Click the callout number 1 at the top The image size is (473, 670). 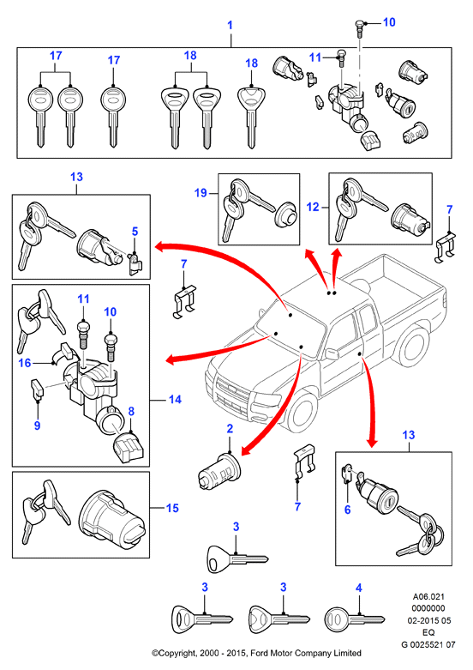(x=231, y=25)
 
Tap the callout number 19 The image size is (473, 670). (x=201, y=193)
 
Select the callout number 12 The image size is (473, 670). (x=313, y=207)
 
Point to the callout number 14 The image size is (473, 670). (x=175, y=400)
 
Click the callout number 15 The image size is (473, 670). (x=172, y=508)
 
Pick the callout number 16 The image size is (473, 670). (x=25, y=363)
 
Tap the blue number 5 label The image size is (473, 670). (x=135, y=232)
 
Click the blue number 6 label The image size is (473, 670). (x=348, y=510)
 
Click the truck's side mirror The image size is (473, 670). (x=331, y=353)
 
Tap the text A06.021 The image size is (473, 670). (x=428, y=596)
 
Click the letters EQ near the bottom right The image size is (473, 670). (x=428, y=632)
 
